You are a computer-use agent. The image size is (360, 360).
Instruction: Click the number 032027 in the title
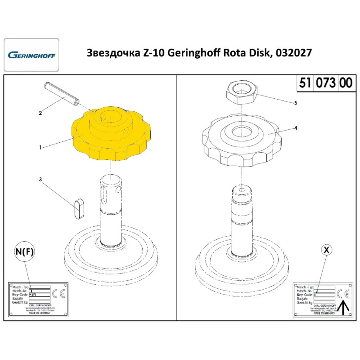[293, 53]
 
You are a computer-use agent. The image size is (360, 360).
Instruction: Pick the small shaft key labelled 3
[80, 208]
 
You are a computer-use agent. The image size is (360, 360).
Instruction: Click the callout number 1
[41, 147]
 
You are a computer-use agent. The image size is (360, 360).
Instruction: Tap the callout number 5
[296, 103]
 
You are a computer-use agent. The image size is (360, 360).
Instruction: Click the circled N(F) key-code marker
[24, 252]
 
